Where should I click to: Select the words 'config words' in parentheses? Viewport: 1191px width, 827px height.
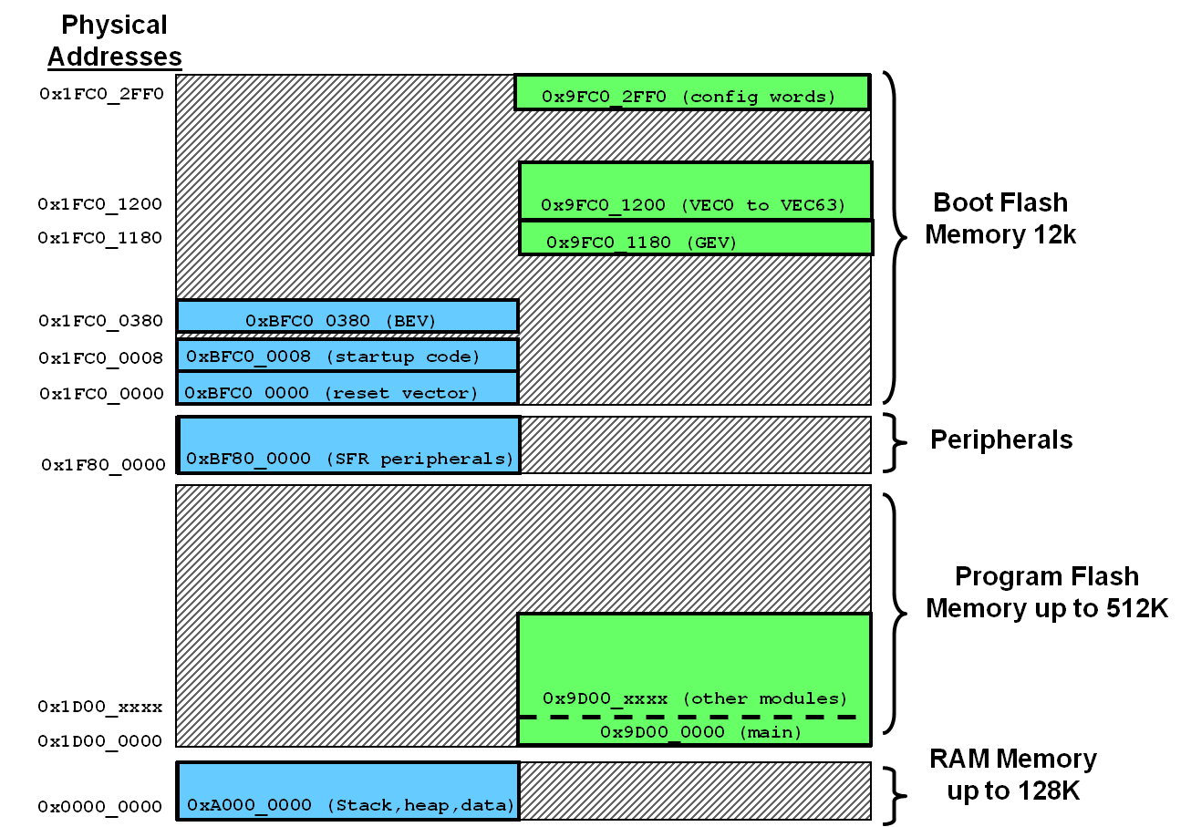pyautogui.click(x=758, y=97)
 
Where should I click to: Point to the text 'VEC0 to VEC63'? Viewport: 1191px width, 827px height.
pyautogui.click(x=762, y=205)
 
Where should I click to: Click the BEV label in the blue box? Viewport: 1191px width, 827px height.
pyautogui.click(x=410, y=321)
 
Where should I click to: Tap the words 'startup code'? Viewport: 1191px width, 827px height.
pyautogui.click(x=402, y=357)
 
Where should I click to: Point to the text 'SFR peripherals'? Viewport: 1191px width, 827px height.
pyautogui.click(x=419, y=459)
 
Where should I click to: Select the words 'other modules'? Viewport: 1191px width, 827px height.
pyautogui.click(x=765, y=698)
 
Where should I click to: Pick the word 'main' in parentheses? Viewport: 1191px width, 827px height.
pyautogui.click(x=771, y=732)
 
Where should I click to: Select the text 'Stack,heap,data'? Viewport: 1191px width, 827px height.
pyautogui.click(x=421, y=805)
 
